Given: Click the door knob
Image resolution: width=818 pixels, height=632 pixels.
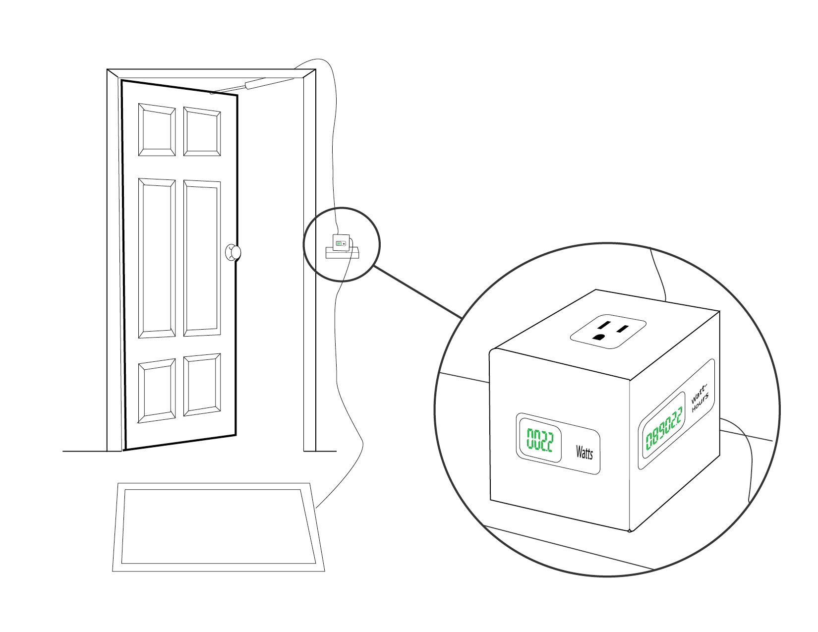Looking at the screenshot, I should [x=233, y=252].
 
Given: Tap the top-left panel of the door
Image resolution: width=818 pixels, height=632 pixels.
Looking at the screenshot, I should [x=157, y=130].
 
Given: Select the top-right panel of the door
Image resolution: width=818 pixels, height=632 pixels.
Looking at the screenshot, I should [x=202, y=132].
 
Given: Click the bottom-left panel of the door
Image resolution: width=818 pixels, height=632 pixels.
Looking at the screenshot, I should [x=157, y=391].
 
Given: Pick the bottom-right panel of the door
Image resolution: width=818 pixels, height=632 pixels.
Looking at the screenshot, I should [x=202, y=385].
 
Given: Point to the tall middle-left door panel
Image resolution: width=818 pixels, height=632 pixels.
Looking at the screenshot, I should [x=157, y=258].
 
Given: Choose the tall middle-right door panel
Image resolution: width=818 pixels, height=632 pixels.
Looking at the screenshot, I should [x=202, y=258].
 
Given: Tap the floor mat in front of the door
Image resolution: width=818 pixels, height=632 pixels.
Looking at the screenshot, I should [x=218, y=527].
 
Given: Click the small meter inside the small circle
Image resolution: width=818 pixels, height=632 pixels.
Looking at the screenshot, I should [x=341, y=243].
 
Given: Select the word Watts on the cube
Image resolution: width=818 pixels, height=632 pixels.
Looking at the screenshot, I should [x=584, y=452].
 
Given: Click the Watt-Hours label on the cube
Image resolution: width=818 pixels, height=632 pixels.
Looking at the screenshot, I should [x=700, y=398].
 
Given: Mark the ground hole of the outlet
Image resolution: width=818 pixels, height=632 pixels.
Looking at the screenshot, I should [x=598, y=338].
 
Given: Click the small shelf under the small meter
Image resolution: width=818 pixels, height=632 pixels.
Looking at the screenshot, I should [x=342, y=253].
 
